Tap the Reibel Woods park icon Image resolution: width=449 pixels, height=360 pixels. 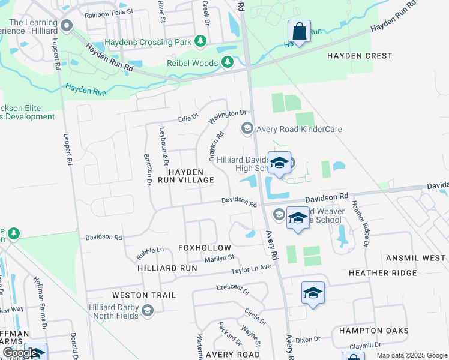(x=228, y=62)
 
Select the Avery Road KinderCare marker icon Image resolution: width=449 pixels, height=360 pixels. (x=246, y=128)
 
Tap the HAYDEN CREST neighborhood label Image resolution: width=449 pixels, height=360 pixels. (x=359, y=56)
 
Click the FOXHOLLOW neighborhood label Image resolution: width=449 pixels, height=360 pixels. (x=204, y=248)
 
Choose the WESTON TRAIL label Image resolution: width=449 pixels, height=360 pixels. (x=144, y=295)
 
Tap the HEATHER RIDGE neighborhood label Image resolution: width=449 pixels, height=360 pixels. (x=382, y=273)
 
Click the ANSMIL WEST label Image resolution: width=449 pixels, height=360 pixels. (x=416, y=258)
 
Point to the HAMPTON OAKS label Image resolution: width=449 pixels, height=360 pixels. (x=373, y=331)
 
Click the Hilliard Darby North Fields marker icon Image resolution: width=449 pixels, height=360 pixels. (x=148, y=310)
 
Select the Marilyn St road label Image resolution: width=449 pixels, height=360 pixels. (x=219, y=258)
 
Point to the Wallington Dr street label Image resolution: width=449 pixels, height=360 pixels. (x=228, y=116)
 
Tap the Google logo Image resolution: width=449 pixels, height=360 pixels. (x=20, y=352)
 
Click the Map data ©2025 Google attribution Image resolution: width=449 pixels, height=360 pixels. (x=411, y=355)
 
